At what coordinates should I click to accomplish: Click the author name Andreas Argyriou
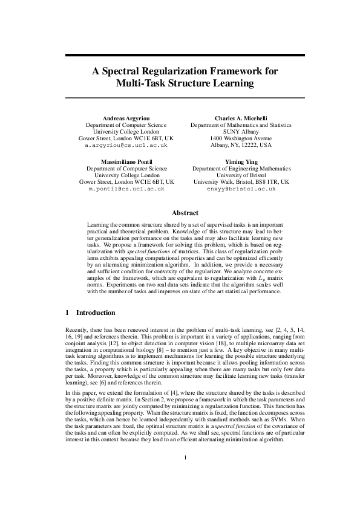click(126, 118)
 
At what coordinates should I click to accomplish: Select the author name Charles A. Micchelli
click(241, 118)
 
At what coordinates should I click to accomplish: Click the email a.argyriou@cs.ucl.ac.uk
click(126, 146)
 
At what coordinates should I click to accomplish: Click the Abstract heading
click(185, 213)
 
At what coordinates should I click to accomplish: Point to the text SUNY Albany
click(241, 132)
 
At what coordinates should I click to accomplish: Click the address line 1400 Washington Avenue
click(241, 138)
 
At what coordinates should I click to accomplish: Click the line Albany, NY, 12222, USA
click(241, 146)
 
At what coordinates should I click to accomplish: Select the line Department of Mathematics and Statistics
click(241, 125)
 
